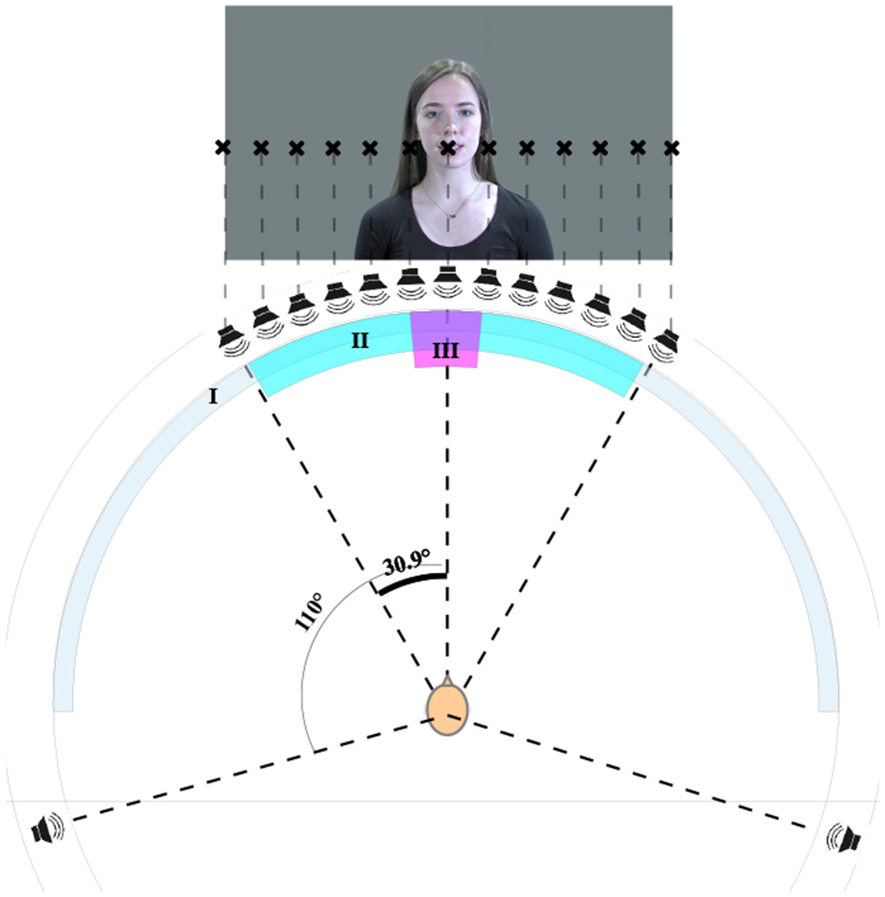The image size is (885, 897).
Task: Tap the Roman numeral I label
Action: click(x=213, y=396)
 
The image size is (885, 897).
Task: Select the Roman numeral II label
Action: click(x=360, y=341)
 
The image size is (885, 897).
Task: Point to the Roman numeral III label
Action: click(x=446, y=351)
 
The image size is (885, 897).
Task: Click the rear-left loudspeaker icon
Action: click(x=47, y=829)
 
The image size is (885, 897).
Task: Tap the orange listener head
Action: click(x=448, y=709)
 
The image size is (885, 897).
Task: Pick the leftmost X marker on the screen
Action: click(x=222, y=147)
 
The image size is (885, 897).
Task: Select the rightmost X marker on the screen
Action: click(x=671, y=148)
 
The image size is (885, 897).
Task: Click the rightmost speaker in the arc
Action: click(x=666, y=341)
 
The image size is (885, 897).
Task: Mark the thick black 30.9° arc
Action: click(x=409, y=581)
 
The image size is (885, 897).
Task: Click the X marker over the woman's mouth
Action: click(x=449, y=147)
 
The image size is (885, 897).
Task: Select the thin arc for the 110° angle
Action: click(x=304, y=674)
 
